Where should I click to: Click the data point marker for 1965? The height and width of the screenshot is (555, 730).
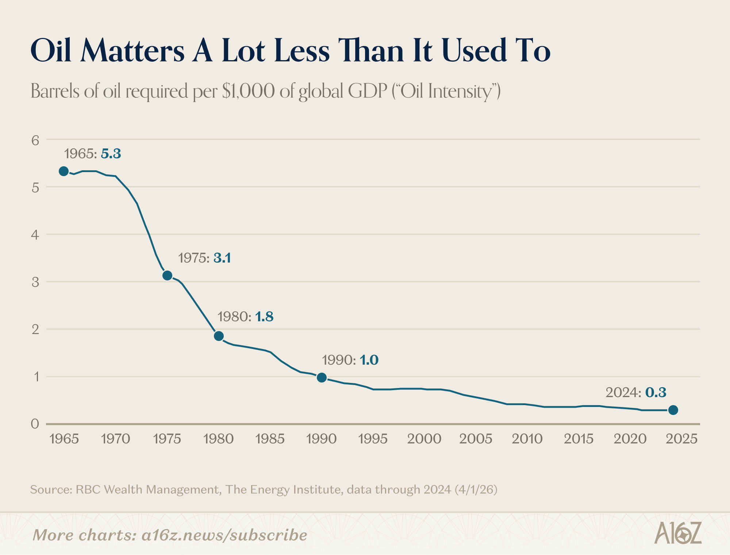coord(64,171)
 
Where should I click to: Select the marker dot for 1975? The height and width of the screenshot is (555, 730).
coord(167,275)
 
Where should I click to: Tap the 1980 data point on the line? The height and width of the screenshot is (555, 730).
coord(219,336)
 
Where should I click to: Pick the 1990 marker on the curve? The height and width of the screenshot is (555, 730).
coord(322,377)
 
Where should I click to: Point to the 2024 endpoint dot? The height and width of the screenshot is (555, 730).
coord(673,410)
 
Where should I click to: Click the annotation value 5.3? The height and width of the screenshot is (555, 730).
coord(111,154)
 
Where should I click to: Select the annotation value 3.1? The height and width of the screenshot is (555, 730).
coord(222,258)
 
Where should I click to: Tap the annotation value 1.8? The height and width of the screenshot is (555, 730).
coord(264,317)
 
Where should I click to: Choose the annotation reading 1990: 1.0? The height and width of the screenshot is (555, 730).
coord(350,360)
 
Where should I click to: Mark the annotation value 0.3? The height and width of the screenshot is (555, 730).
coord(656,392)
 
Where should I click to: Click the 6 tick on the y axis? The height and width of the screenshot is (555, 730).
coord(35,140)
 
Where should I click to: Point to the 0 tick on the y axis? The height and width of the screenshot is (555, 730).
coord(35,424)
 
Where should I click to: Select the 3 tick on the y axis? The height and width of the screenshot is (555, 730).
coord(35,282)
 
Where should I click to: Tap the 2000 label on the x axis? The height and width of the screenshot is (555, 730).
coord(424,439)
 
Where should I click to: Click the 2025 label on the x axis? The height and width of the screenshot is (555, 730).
coord(681,439)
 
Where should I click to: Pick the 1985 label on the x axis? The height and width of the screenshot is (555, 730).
coord(270,439)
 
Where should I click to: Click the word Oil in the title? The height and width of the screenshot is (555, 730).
coord(51,50)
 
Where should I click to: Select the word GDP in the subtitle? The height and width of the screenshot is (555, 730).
coord(367,91)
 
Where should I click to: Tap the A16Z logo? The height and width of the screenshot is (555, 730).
coord(678,533)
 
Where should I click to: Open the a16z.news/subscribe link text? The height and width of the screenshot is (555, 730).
coord(224,535)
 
